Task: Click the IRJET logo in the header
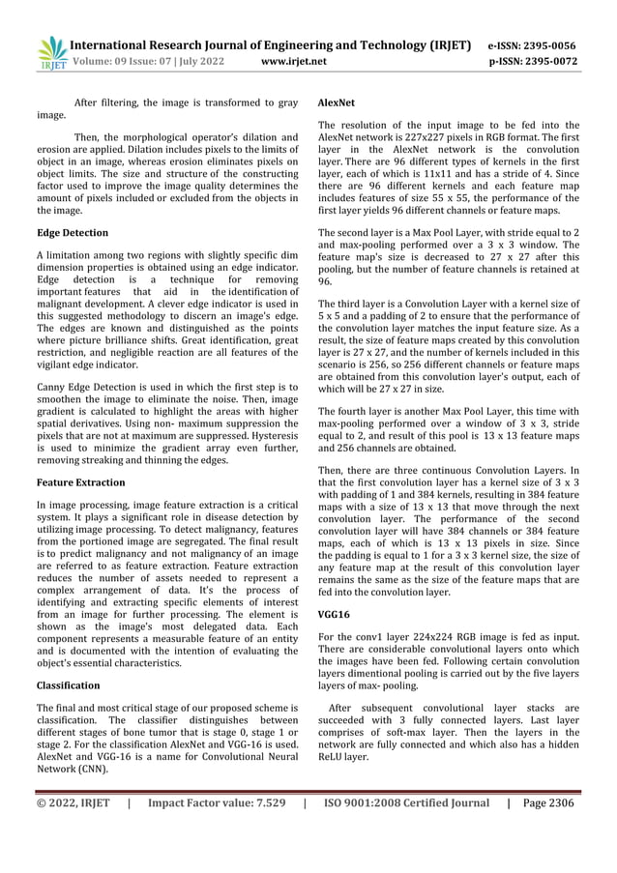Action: click(51, 54)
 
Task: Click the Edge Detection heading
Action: click(72, 233)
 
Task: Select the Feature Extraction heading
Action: click(82, 480)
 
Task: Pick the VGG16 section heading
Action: click(335, 614)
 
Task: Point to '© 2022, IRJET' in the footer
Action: click(73, 802)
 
